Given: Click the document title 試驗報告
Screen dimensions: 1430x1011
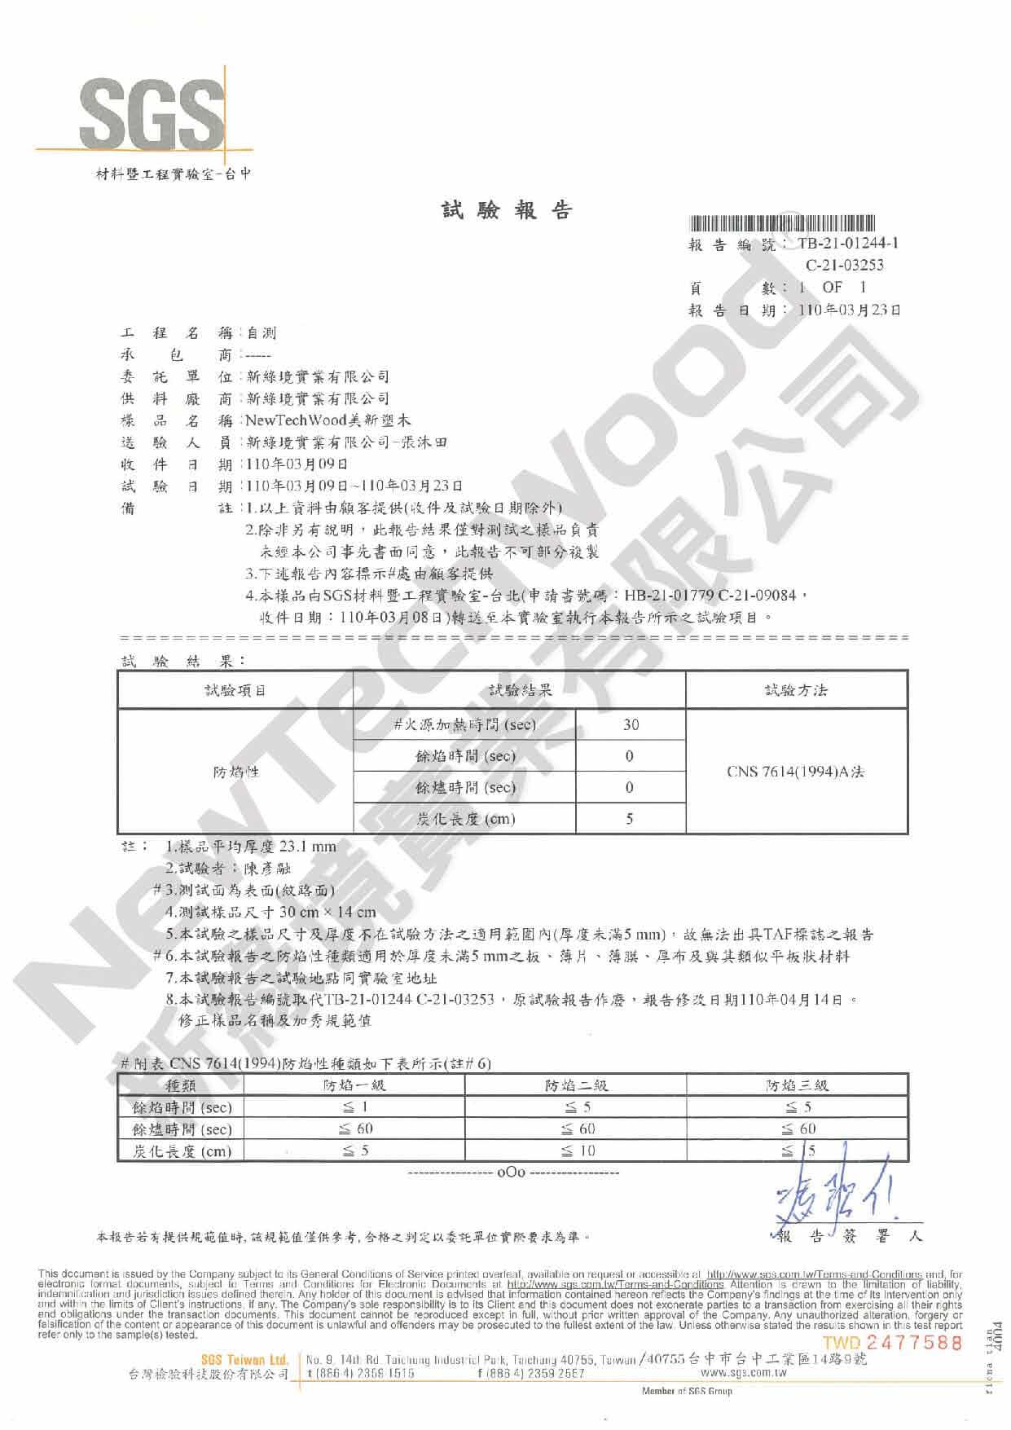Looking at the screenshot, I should pos(507,210).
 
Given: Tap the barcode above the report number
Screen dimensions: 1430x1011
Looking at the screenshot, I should pos(783,222).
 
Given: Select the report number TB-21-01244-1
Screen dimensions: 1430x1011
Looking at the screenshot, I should pos(848,243).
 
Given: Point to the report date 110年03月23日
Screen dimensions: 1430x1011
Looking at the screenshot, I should pos(850,310).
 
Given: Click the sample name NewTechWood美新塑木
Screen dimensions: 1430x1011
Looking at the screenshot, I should pos(327,420).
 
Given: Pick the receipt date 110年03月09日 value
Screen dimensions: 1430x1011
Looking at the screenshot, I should pos(297,464).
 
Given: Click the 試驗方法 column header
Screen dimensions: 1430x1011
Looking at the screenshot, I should pos(796,690).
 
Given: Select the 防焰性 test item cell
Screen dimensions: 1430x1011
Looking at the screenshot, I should pos(235,771).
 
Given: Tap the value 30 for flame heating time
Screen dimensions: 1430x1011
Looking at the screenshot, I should pos(631,724).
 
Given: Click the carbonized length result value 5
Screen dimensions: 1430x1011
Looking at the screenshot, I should pos(630,819).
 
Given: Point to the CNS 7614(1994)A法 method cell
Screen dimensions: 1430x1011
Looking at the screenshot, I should pos(795,771).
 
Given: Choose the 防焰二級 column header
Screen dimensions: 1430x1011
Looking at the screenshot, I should pos(576,1085).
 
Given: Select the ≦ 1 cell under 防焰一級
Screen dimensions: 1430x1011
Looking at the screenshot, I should pos(354,1107).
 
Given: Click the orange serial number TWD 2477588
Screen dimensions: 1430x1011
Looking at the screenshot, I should pos(892,1342).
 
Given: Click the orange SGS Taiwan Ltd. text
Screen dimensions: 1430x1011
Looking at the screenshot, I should pos(244,1359).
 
